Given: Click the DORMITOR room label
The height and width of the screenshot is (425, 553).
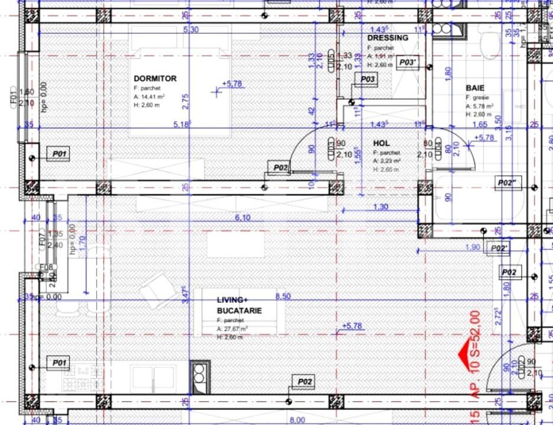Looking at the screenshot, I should coord(155,79).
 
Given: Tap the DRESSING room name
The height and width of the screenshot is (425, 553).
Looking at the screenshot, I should coord(388,38).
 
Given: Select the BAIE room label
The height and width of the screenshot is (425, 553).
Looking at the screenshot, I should coord(475,88).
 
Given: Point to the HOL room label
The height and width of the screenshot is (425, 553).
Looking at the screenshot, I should coord(381,143).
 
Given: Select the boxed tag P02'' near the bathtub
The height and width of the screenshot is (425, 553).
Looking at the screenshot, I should coord(507,182).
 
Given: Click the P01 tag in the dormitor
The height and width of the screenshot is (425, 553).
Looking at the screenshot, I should coord(60,154).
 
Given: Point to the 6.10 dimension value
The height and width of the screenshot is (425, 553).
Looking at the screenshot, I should coord(242,218).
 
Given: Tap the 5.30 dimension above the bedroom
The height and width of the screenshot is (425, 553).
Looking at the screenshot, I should coord(191,30).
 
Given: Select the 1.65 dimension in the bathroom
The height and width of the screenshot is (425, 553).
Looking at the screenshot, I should coord(480,125).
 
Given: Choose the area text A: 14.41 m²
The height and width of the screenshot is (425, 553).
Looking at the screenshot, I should coord(149,96).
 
